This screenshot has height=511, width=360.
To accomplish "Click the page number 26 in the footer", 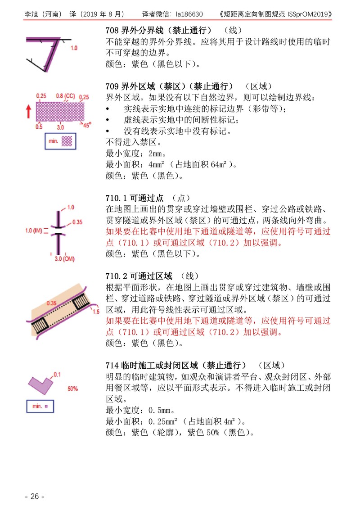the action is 35,496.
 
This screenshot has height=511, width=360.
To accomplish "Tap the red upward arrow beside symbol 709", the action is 29,111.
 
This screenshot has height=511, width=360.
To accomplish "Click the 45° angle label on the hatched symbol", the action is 87,125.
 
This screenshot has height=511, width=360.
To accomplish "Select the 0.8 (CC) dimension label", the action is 65,96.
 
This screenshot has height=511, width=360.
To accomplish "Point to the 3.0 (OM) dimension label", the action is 64,259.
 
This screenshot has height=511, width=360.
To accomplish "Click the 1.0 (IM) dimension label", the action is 34,231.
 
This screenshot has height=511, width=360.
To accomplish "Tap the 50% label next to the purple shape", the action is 72,389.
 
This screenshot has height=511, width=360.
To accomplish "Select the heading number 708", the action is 112,31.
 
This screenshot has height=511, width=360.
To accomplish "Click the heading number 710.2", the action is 116,276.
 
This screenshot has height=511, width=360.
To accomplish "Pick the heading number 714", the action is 112,365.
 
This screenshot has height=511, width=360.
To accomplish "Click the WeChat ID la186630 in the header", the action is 189,14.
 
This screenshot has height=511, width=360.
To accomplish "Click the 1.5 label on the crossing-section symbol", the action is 96,312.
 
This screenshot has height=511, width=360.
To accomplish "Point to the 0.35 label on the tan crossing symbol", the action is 51,303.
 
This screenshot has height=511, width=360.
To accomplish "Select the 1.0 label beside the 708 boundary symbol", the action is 74,48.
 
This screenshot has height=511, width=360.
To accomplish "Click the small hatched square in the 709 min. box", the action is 67,141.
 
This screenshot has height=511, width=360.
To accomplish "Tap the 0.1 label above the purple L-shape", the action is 57,375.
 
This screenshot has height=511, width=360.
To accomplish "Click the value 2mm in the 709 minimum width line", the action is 155,153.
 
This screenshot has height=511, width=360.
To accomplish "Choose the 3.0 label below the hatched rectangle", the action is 60,127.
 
